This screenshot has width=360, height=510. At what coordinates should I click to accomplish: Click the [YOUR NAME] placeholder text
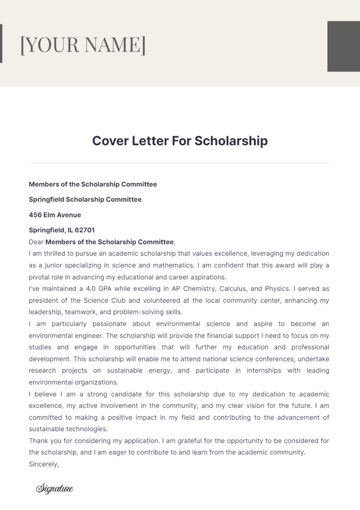coord(83,45)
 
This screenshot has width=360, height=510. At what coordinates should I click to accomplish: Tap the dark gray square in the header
coord(343,46)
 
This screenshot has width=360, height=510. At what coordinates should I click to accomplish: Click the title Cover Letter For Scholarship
coord(180,141)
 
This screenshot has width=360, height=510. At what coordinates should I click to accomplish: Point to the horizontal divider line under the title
coord(180,163)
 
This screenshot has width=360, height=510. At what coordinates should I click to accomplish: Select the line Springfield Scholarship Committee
coord(85,199)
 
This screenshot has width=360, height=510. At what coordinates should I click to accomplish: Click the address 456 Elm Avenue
coord(55,215)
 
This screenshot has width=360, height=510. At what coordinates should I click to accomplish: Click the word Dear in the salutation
coord(36,242)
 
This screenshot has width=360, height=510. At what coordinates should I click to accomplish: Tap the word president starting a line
coord(43,301)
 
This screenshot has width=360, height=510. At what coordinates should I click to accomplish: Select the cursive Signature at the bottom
coord(55,489)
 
